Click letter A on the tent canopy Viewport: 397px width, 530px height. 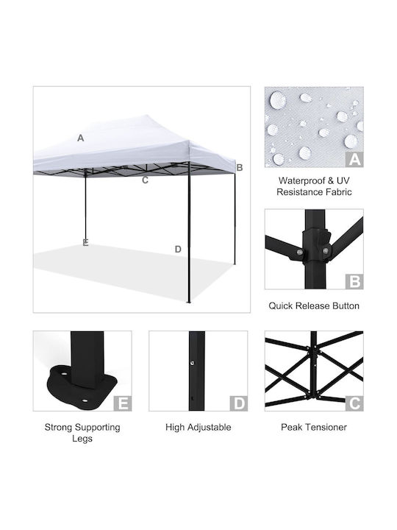(x=80, y=138)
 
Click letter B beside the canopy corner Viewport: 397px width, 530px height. (x=240, y=167)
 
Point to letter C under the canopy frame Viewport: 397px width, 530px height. (x=145, y=180)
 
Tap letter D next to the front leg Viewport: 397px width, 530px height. (x=178, y=249)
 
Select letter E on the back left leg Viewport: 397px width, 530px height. (x=85, y=243)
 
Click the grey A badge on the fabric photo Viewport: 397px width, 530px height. (x=354, y=159)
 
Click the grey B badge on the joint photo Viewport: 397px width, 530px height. (x=354, y=281)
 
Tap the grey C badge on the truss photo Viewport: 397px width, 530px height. (x=354, y=403)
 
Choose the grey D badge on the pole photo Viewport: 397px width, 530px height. (x=239, y=403)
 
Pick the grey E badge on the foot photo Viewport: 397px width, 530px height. (x=123, y=403)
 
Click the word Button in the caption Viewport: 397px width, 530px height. (x=346, y=306)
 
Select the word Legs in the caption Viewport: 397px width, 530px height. (x=82, y=439)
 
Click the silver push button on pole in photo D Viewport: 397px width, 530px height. (x=192, y=363)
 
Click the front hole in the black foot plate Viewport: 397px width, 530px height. (x=84, y=401)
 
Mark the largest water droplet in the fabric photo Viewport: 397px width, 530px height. (x=277, y=100)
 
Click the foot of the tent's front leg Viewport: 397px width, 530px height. (x=189, y=302)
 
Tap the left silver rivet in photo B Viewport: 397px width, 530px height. (x=299, y=252)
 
